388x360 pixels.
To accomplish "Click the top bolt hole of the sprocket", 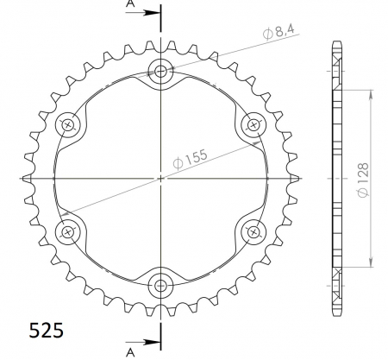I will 161,73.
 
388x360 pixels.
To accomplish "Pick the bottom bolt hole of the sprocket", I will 161,284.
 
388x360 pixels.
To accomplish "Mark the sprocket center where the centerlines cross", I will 161,178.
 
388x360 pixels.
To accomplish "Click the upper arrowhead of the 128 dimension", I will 371,90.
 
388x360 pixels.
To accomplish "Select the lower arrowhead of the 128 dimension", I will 371,266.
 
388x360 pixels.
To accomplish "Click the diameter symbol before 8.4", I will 269,34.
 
